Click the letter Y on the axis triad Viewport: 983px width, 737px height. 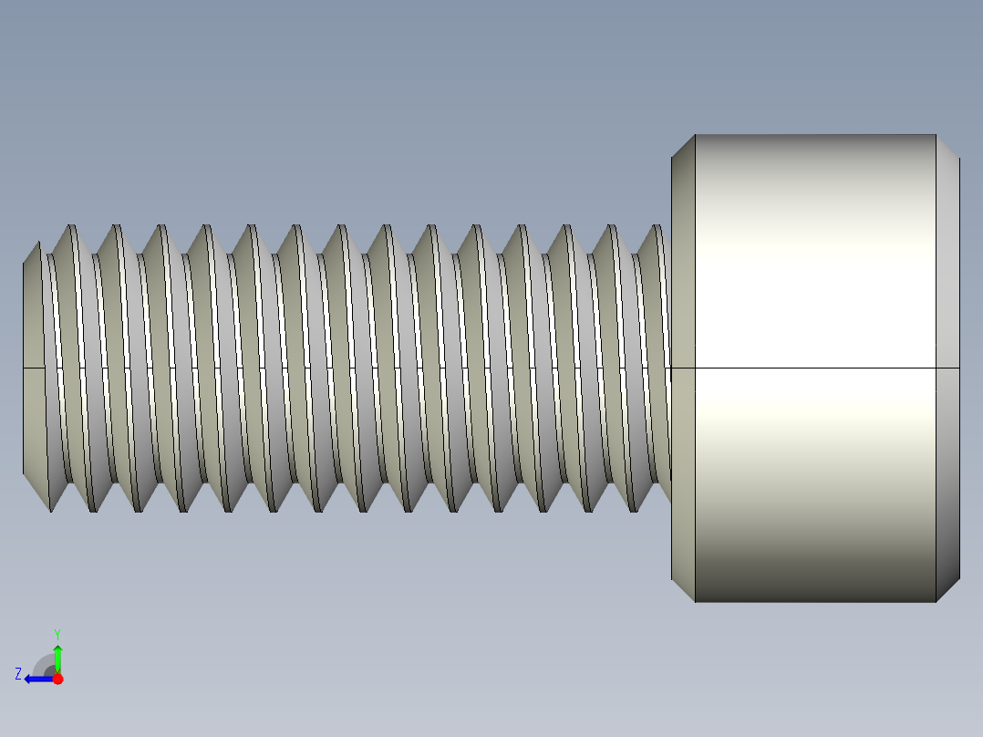pos(57,633)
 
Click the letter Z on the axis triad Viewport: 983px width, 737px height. pos(18,673)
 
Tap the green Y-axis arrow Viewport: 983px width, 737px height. pos(57,656)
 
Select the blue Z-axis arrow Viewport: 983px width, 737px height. pos(36,679)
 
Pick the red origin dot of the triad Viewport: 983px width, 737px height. pos(57,679)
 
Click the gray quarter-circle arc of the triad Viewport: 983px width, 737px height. pos(42,662)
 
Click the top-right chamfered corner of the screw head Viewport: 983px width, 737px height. pos(948,146)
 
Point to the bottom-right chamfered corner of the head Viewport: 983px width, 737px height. pos(948,589)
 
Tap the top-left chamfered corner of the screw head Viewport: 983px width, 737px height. pos(683,146)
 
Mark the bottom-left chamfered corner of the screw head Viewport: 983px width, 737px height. pos(683,589)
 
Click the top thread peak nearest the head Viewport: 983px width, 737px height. pos(654,226)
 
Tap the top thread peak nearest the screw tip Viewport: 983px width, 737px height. pos(67,225)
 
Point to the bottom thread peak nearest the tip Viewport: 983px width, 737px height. pos(51,510)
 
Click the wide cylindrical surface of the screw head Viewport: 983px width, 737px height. pos(815,274)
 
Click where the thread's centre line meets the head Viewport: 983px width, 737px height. pos(671,368)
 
